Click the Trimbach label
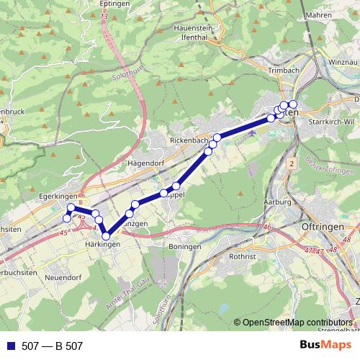pyautogui.click(x=284, y=70)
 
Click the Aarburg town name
pyautogui.click(x=277, y=202)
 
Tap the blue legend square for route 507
pyautogui.click(x=9, y=346)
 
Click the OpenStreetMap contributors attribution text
pyautogui.click(x=298, y=323)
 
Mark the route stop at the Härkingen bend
pyautogui.click(x=106, y=235)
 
